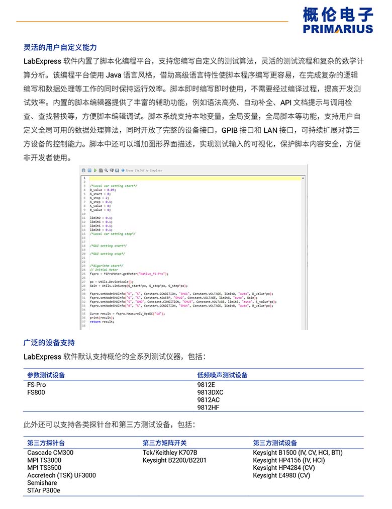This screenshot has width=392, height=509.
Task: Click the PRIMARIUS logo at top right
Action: point(338,20)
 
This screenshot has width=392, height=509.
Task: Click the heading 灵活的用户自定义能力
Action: point(60,48)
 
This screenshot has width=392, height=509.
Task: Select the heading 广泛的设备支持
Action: point(49,343)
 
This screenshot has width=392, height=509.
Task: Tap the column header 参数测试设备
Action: point(46,375)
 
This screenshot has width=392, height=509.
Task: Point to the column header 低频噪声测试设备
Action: point(222,375)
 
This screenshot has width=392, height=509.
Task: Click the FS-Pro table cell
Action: point(37,385)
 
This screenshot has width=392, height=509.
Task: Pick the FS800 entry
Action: point(36,392)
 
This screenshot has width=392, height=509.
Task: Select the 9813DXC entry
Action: point(210,392)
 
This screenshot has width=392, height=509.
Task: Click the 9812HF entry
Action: point(208,407)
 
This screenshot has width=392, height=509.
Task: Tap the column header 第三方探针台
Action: point(46,443)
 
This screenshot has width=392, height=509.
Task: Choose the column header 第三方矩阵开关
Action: point(164,443)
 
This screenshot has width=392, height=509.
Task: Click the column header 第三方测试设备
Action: point(275,443)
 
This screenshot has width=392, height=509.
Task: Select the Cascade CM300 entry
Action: point(50,453)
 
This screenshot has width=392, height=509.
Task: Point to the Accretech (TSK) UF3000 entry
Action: point(61,475)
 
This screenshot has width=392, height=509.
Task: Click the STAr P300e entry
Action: point(44,490)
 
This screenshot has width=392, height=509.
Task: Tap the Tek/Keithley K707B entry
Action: point(170,453)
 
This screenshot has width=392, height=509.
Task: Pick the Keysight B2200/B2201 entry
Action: point(174,460)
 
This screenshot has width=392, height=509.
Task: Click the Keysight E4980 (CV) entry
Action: point(281,475)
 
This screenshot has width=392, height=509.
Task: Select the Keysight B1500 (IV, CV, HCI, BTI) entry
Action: point(298,453)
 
